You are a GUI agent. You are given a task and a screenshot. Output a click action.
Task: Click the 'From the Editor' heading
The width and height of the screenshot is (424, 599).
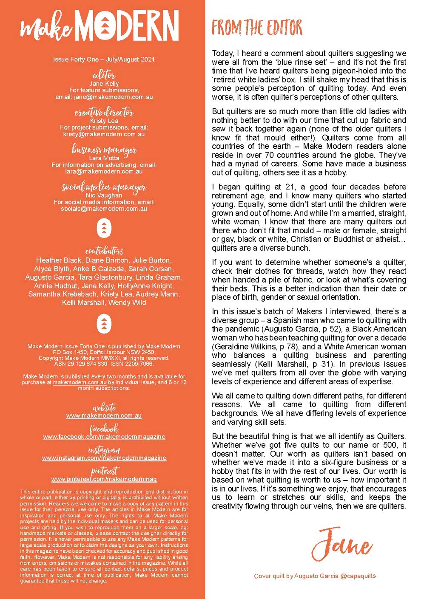[x=257, y=28]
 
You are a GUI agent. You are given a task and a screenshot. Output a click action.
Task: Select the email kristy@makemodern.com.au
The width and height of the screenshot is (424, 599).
[x=104, y=134]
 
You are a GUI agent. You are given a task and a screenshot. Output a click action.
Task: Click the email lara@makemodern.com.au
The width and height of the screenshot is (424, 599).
[x=104, y=171]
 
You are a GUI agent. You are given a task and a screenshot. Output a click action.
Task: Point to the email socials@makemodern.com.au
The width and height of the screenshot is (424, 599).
[x=104, y=209]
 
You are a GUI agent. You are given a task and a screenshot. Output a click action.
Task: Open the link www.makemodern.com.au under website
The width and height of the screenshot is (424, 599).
[x=104, y=415]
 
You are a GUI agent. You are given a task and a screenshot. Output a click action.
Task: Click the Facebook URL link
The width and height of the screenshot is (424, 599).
[x=104, y=437]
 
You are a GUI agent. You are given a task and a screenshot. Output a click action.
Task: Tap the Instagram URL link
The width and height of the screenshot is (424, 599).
[x=104, y=458]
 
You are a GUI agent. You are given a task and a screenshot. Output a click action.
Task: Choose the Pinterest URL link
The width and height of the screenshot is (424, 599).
[x=104, y=479]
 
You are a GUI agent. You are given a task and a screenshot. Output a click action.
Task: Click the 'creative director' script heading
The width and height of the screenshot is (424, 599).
[x=104, y=112]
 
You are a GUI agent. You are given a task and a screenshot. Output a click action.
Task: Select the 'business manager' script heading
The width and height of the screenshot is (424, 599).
[x=104, y=150]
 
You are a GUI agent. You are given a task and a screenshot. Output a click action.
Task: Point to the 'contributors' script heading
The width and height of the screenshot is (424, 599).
[x=104, y=251]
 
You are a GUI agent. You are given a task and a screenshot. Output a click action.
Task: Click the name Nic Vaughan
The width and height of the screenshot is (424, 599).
[x=104, y=195]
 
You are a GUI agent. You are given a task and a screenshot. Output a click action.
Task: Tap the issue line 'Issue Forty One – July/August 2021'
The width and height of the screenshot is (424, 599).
[x=104, y=59]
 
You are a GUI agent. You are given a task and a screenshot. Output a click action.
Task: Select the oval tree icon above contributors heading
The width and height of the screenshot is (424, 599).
[x=104, y=229]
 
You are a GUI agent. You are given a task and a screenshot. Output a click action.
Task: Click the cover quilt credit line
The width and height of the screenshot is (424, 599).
[x=315, y=576]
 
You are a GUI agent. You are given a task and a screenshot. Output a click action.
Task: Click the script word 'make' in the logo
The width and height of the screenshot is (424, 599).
[x=46, y=28]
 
